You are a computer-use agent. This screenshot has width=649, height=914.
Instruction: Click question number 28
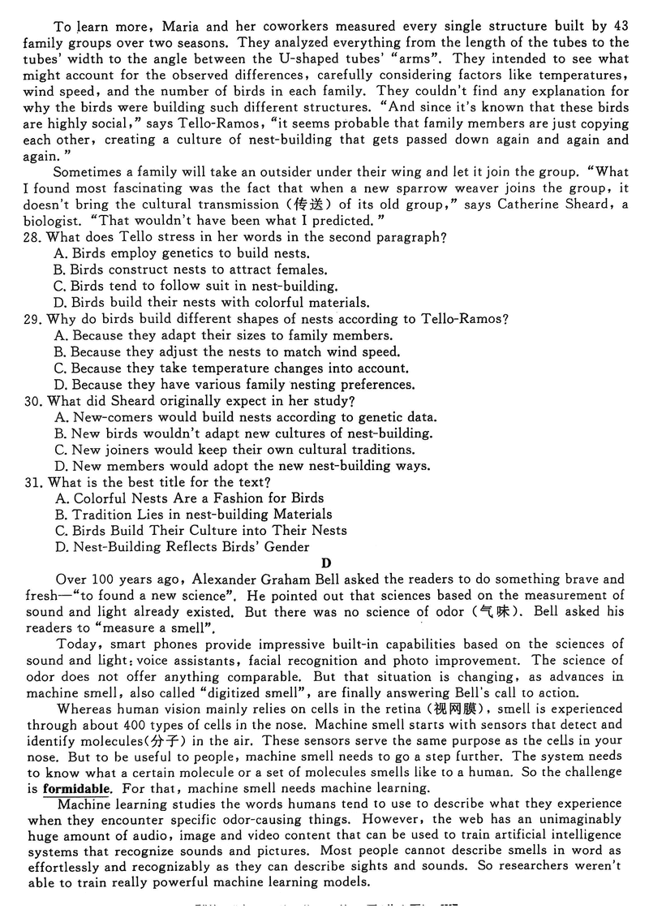[x=33, y=237]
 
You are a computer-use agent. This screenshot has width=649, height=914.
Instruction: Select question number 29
[x=33, y=319]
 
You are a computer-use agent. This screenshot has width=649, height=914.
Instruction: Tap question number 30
[x=33, y=401]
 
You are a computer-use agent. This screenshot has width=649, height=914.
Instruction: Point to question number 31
[x=33, y=482]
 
